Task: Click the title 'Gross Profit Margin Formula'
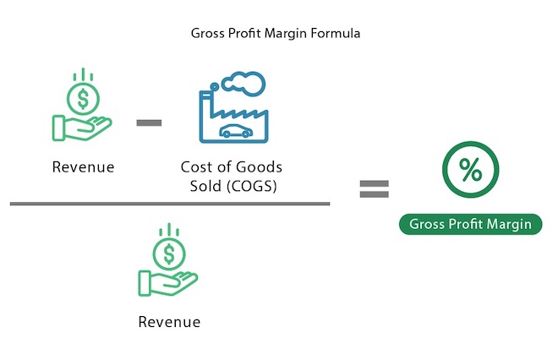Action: click(276, 34)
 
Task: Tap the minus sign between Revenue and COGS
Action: click(149, 123)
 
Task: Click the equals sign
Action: click(374, 189)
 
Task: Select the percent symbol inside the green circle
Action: click(470, 170)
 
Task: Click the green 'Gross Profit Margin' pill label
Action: click(470, 224)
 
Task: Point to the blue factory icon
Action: click(233, 107)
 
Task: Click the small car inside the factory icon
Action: click(236, 131)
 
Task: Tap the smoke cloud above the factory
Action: click(243, 84)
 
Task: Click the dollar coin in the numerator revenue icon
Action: click(83, 99)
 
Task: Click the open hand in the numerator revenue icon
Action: click(82, 128)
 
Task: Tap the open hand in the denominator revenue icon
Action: click(168, 283)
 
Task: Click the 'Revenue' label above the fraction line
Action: click(83, 166)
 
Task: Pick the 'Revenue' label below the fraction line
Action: click(169, 322)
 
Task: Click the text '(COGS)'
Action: click(252, 186)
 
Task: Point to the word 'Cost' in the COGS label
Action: click(196, 166)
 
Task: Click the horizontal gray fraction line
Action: click(170, 204)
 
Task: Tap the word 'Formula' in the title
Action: click(336, 34)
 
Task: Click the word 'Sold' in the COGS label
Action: click(205, 186)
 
